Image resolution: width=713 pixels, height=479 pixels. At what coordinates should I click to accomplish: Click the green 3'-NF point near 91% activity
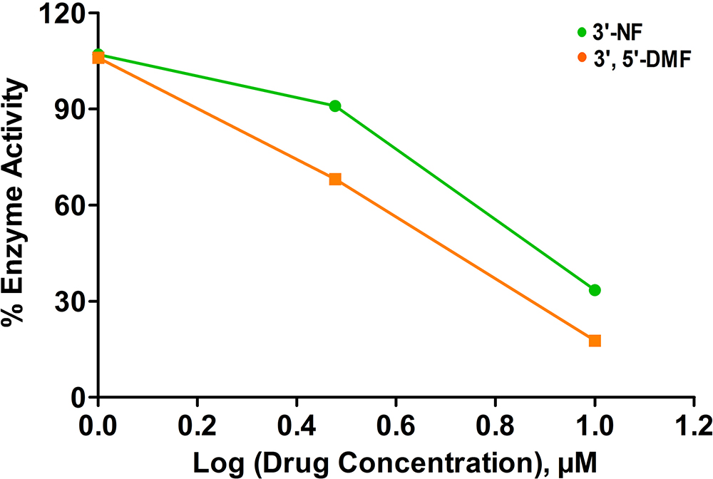335,106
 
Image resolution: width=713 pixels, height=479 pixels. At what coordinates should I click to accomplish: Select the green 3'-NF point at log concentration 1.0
595,290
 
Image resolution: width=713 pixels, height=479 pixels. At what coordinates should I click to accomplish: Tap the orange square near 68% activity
335,179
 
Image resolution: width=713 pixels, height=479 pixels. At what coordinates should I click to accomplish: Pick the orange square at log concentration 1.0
595,341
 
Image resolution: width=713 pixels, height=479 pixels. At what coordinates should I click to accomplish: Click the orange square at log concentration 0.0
99,58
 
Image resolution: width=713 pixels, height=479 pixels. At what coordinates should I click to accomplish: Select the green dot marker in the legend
582,33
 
